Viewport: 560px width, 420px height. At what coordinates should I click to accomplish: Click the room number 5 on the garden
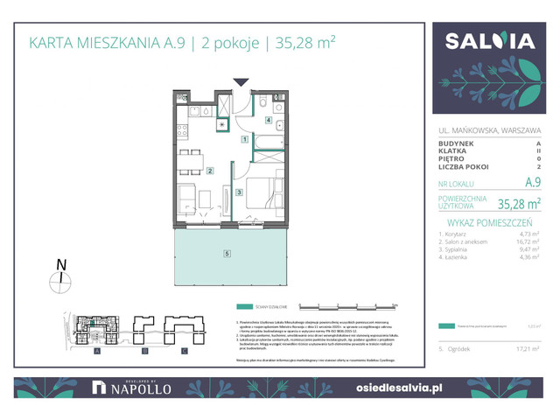(227, 254)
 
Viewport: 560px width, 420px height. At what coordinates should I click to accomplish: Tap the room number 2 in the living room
(210, 171)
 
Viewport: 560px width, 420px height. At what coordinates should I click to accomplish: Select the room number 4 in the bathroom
(269, 121)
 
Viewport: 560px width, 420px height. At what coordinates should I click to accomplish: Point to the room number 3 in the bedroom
(239, 192)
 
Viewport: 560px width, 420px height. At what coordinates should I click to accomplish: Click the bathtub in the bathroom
(268, 140)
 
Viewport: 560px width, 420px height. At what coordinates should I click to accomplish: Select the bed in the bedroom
(265, 195)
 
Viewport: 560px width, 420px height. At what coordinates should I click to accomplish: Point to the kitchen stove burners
(182, 130)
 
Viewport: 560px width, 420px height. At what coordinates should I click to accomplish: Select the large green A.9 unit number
(531, 183)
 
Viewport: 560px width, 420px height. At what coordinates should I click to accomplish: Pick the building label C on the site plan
(184, 350)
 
